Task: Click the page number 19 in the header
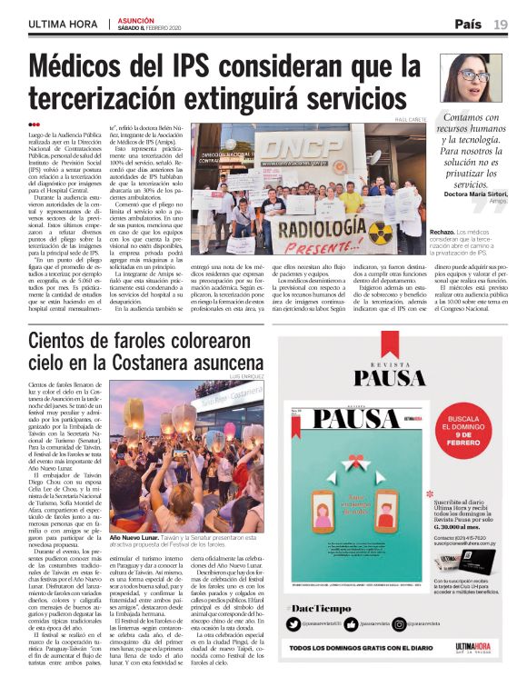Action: click(x=501, y=24)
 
